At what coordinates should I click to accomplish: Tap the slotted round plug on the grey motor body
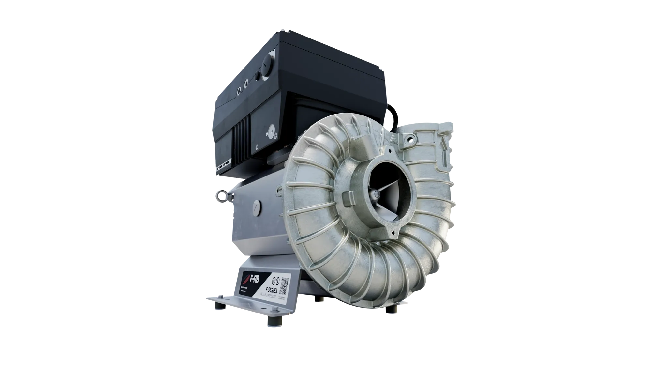(257, 206)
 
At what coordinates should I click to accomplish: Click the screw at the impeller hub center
(378, 195)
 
